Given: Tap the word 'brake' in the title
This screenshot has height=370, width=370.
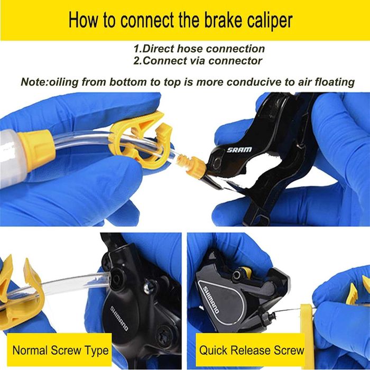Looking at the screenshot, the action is pyautogui.click(x=223, y=20).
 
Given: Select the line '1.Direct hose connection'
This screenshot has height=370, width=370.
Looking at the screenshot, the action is pyautogui.click(x=199, y=49).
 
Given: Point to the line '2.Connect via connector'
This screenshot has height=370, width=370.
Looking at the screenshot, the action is pyautogui.click(x=198, y=61).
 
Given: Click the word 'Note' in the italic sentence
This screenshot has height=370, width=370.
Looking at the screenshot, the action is pyautogui.click(x=32, y=82).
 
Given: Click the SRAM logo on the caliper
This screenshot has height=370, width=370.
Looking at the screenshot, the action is pyautogui.click(x=239, y=150).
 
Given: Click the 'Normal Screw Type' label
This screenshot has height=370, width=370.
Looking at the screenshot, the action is pyautogui.click(x=60, y=350).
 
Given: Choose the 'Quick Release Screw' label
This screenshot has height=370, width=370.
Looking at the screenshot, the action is pyautogui.click(x=252, y=350).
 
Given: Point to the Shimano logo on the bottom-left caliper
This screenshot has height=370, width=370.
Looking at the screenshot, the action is pyautogui.click(x=119, y=318).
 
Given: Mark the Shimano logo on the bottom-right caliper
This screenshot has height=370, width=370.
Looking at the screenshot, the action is pyautogui.click(x=211, y=300).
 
